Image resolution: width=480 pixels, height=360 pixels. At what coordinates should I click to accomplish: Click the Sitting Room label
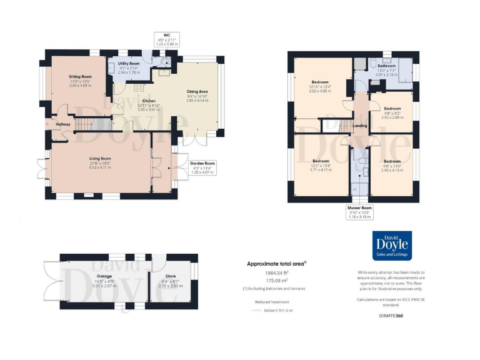[x=80, y=76]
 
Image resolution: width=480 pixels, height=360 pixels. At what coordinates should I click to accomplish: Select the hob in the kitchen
[x=138, y=87]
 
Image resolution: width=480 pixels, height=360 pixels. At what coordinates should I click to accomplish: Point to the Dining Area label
[x=197, y=91]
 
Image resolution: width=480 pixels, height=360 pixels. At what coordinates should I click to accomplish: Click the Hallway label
[x=64, y=124]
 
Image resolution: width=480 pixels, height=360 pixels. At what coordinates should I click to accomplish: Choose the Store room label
[x=171, y=276]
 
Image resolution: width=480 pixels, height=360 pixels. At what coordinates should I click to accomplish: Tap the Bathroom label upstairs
[x=386, y=66]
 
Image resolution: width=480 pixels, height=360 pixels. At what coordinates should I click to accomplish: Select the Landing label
[x=360, y=126]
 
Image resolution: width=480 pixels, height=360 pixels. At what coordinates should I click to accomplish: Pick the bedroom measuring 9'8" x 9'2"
[x=392, y=108]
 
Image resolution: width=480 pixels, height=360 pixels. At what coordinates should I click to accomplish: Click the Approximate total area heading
[x=276, y=264]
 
